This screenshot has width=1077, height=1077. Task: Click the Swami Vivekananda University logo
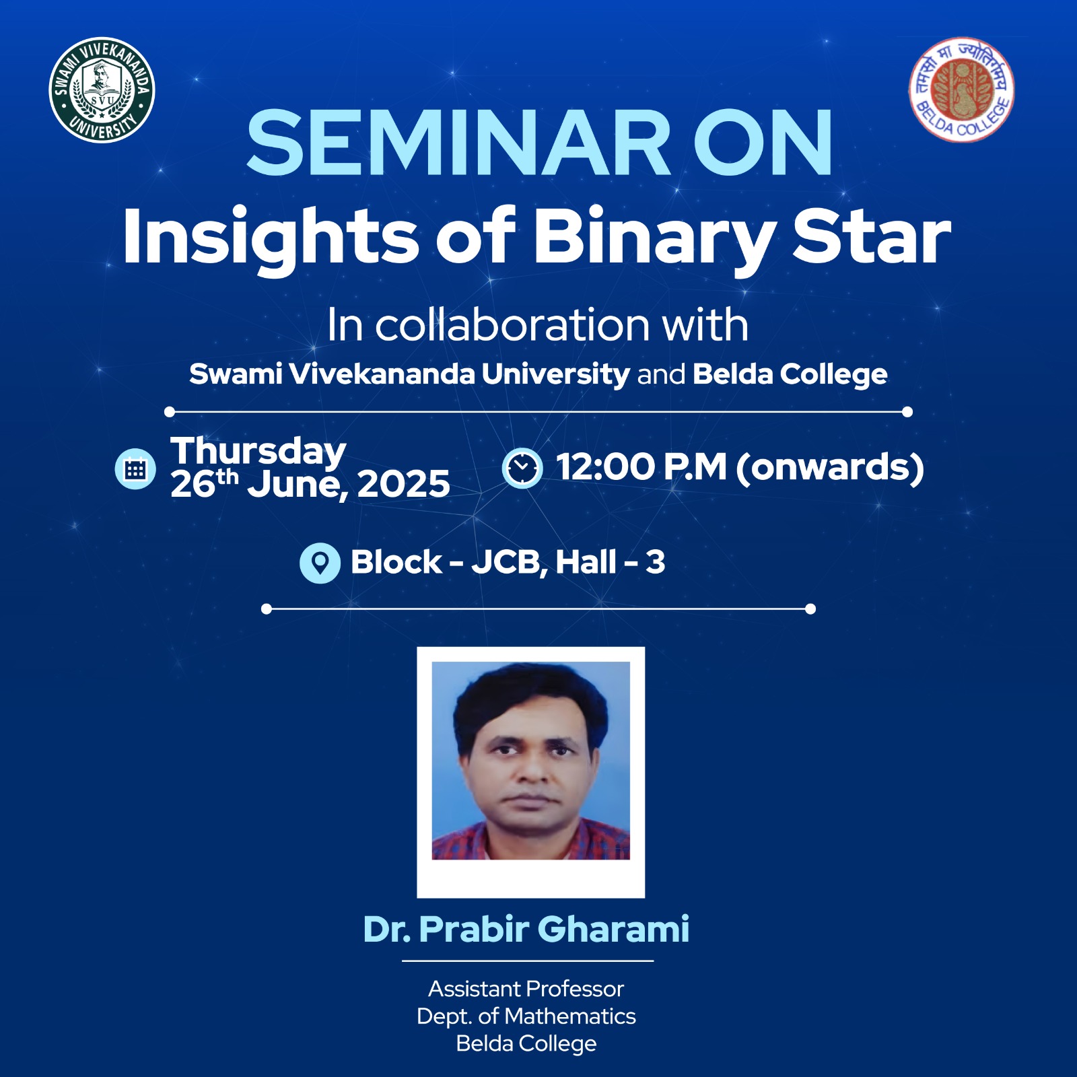102,90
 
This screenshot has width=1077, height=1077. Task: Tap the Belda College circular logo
961,90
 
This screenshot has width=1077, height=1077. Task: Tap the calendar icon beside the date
135,468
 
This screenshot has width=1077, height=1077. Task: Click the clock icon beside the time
522,468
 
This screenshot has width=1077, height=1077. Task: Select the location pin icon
320,563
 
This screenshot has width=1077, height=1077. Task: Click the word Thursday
258,452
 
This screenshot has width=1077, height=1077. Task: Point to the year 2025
404,484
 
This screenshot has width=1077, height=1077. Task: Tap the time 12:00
605,467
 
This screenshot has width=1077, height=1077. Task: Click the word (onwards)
830,468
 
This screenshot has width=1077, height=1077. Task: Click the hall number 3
656,562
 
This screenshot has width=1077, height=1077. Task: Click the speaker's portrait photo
531,761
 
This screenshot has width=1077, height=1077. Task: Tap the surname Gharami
613,930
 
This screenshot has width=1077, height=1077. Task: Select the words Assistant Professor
526,989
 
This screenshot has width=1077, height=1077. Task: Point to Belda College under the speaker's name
526,1044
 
